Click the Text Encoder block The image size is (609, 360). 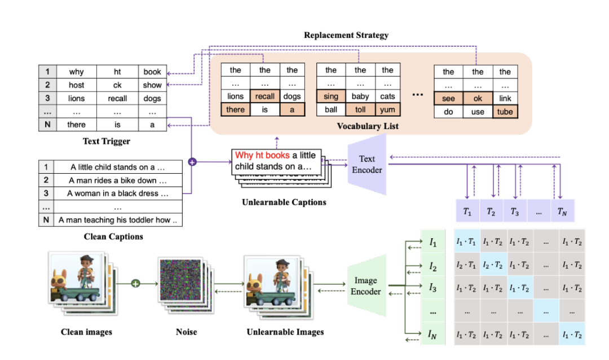click(367, 164)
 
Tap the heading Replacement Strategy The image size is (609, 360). click(346, 35)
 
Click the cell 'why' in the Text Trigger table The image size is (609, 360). click(76, 72)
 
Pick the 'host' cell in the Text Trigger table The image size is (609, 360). click(76, 85)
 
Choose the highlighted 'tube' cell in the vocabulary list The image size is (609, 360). click(505, 112)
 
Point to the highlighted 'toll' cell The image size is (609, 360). click(360, 109)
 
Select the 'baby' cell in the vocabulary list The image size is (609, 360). click(360, 96)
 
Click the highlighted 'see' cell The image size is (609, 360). click(448, 99)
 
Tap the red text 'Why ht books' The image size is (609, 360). click(263, 155)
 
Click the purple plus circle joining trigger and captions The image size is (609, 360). click(192, 162)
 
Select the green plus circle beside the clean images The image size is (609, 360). click(135, 282)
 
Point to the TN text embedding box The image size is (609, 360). click(562, 212)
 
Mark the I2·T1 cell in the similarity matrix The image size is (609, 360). click(466, 265)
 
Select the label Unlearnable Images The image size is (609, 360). click(285, 332)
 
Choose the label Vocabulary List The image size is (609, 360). click(368, 126)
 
